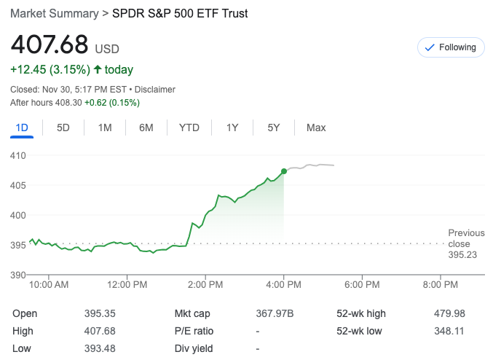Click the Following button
(451, 47)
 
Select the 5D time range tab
(63, 128)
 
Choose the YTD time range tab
(189, 128)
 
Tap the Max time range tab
(316, 128)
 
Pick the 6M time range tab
(146, 128)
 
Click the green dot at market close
(283, 172)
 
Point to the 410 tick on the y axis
(17, 155)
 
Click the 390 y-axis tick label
(17, 275)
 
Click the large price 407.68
(50, 45)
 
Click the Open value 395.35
(100, 314)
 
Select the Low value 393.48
(100, 348)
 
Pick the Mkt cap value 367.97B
(275, 314)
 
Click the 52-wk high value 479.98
(449, 314)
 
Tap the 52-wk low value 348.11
(449, 332)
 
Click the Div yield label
(193, 348)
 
